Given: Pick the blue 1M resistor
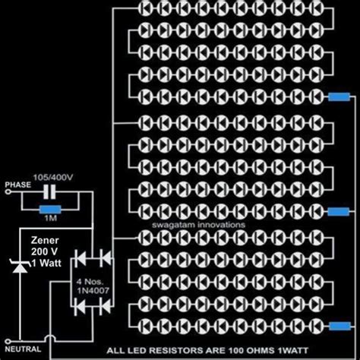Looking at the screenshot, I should click(x=51, y=210).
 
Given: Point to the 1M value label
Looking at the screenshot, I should click(x=52, y=220).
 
